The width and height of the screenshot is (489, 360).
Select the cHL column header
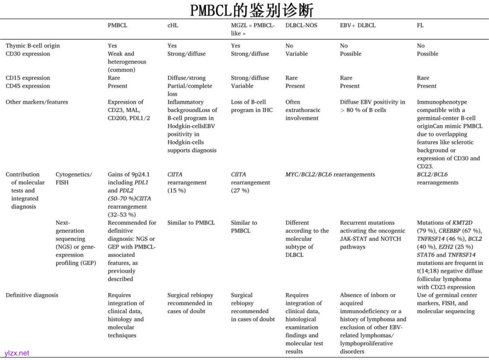pos(173,25)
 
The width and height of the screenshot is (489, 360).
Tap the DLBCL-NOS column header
pos(301,25)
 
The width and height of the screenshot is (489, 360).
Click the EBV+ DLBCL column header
pos(358,25)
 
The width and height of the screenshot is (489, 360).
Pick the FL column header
pos(420,25)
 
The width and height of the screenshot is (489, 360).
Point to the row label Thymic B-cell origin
pos(33,46)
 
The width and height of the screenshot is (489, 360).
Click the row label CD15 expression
pos(28,78)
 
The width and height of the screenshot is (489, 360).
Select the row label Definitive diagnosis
pos(32,295)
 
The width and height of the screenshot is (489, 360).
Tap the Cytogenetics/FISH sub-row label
pos(74,178)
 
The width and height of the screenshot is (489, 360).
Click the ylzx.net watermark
pos(17,353)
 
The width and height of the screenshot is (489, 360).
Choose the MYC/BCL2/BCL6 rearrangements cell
pos(330,174)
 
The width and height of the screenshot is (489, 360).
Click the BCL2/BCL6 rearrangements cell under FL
pos(437,178)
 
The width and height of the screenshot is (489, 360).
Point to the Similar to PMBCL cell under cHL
pos(191,223)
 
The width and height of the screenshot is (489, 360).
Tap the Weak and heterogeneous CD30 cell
pos(127,62)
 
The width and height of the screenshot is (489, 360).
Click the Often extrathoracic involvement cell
pos(302,110)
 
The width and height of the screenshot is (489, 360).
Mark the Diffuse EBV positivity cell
pos(373,106)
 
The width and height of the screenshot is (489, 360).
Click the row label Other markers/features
pos(37,102)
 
